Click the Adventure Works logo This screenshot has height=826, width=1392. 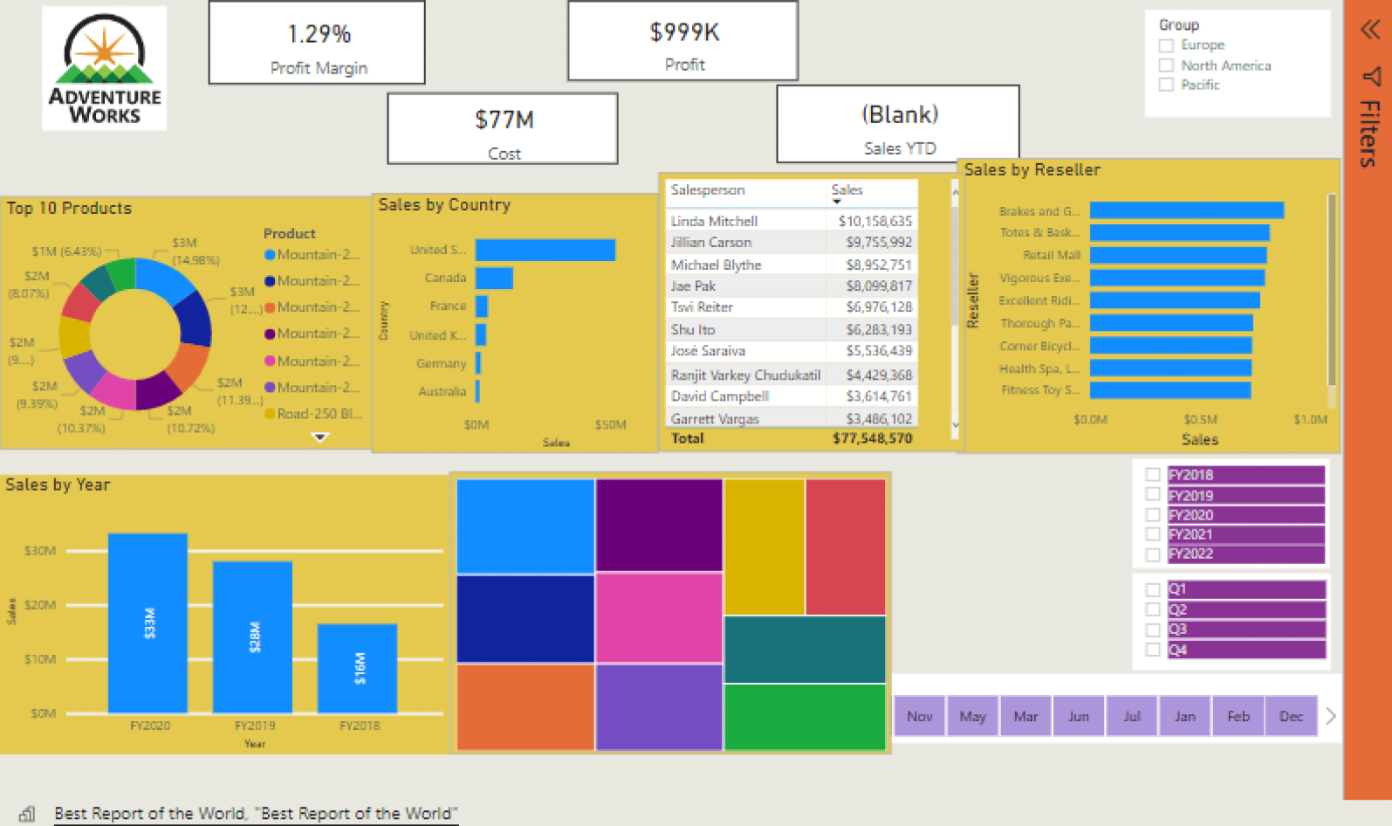tap(104, 68)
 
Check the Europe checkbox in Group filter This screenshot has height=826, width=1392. tap(1166, 45)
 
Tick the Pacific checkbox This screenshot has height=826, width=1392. tap(1166, 85)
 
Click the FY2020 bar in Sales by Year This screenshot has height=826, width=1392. tap(147, 623)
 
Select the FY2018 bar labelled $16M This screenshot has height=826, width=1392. tap(358, 668)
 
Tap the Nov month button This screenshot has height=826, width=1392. tap(920, 717)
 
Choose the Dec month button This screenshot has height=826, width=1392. tap(1291, 717)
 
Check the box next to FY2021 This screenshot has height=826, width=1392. tap(1153, 534)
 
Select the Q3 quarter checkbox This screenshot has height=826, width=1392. tap(1153, 630)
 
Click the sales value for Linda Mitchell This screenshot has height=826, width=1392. tap(874, 222)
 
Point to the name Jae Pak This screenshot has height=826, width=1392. tap(693, 286)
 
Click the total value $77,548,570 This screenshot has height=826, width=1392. tap(872, 438)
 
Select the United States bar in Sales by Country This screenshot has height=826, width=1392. tap(545, 251)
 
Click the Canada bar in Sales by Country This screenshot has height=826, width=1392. tap(494, 279)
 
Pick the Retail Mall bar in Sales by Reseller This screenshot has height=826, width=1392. tap(1178, 255)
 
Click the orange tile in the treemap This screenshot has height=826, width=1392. tap(525, 706)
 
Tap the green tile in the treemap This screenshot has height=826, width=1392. tap(805, 716)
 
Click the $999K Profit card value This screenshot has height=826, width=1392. tap(684, 33)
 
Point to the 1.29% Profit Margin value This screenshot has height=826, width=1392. tap(319, 35)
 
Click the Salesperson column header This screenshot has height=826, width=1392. tap(708, 190)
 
